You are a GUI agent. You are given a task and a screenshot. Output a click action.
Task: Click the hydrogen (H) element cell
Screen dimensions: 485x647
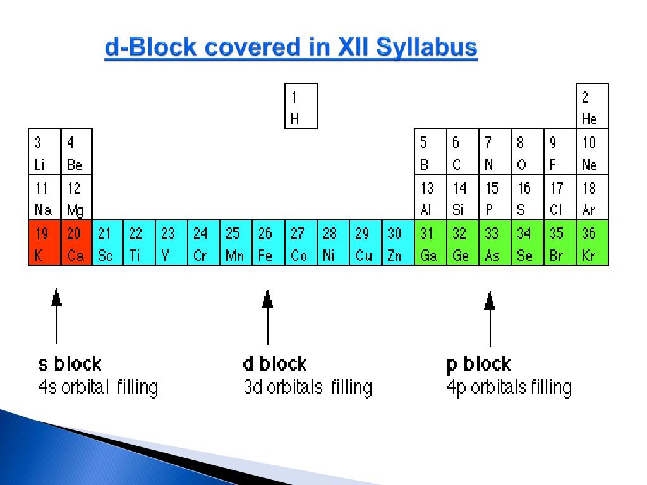301,106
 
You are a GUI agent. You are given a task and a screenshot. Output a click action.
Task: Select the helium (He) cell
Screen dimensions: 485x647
592,106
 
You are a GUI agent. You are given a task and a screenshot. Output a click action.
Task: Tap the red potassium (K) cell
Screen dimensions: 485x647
44,242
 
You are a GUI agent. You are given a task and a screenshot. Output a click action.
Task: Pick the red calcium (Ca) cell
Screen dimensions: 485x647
76,242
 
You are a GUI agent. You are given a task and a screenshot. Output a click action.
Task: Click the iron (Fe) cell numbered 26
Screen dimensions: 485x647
268,242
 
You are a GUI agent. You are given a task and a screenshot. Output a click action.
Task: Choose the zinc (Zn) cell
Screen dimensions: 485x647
397,242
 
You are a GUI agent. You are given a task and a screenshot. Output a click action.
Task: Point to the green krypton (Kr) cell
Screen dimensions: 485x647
592,242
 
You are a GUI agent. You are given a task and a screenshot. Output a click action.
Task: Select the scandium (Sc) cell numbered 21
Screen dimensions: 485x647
108,242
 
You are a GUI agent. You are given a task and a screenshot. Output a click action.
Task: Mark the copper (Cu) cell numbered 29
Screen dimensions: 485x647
365,242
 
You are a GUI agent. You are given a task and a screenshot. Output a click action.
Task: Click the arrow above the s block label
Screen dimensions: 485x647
57,316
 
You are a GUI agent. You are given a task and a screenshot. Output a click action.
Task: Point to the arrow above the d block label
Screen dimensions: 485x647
267,316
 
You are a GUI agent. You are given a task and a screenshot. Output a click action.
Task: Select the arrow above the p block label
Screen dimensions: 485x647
490,316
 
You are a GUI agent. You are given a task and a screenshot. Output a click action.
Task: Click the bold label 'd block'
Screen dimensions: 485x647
275,364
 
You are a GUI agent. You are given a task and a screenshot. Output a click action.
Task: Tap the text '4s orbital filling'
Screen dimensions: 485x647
99,386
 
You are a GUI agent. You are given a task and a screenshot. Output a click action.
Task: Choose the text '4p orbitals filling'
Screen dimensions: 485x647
509,386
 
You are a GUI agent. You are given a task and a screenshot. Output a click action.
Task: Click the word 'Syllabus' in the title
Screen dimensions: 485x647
426,49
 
